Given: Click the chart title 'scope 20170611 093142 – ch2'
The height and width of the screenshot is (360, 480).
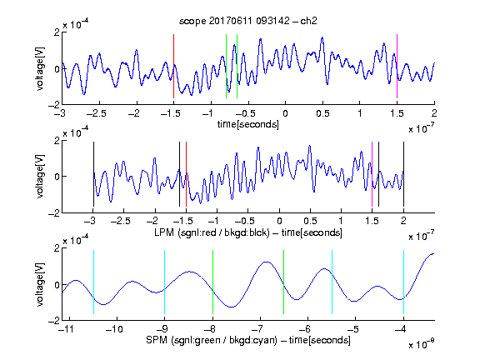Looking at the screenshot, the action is [247, 21].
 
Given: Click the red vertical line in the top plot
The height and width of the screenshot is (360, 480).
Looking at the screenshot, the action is [173, 66].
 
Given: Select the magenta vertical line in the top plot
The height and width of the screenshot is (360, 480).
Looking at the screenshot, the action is [397, 66].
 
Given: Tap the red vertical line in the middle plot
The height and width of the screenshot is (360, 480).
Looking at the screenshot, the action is [186, 174].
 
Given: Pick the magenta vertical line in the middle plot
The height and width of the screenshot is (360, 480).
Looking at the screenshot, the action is [372, 174].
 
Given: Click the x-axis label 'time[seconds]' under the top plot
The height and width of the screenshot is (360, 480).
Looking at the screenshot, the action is [248, 124].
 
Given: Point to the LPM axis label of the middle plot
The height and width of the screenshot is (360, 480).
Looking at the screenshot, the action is [248, 232].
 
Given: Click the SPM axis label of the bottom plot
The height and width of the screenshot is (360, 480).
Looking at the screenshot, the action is [248, 340].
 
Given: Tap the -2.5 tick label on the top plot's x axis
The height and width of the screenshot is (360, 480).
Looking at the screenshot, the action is [96, 113].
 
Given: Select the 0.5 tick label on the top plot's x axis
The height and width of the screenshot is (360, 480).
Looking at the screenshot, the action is [322, 113].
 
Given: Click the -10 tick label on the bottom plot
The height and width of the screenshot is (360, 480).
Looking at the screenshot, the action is [114, 329].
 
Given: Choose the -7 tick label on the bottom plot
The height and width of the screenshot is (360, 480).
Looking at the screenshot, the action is [260, 329].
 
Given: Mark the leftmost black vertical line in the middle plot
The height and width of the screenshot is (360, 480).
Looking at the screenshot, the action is [93, 174].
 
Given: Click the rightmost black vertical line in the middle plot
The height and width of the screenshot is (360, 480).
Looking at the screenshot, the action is [403, 174].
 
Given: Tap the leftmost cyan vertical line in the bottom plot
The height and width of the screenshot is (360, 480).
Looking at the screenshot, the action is [93, 282].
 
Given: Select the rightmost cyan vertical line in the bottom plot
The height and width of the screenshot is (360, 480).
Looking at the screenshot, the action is [403, 282].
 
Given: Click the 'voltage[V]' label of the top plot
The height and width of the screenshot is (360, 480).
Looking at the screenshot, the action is [40, 68].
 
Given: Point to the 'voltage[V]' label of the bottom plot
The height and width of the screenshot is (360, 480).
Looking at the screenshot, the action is [40, 284].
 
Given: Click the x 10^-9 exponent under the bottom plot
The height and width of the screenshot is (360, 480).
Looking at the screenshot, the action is [422, 344].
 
